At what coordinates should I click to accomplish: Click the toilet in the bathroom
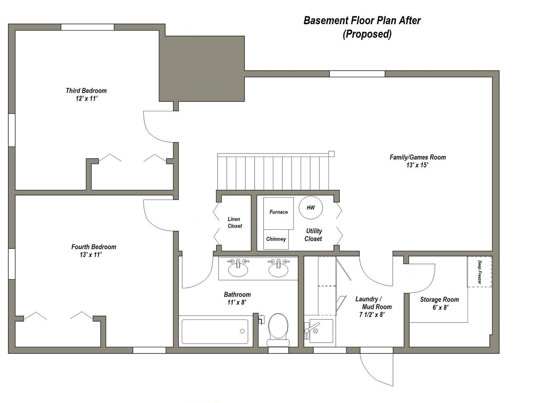click(278, 326)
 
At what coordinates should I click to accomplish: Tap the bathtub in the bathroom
click(215, 332)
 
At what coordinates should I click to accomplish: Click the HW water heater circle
click(311, 208)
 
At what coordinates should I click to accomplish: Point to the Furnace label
click(279, 212)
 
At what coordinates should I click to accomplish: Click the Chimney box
click(276, 239)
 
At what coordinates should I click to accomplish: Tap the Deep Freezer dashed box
click(479, 272)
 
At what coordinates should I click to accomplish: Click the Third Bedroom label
click(86, 91)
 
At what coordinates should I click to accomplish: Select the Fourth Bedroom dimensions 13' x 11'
click(91, 255)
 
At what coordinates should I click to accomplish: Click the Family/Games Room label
click(418, 157)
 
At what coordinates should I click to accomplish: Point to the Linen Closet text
click(234, 222)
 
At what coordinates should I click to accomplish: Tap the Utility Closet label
click(314, 235)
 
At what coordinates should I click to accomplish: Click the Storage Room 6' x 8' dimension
click(440, 308)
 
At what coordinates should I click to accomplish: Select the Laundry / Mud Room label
click(373, 303)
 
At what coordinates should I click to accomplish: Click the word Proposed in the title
click(367, 34)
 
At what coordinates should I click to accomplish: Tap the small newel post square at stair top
click(331, 154)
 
